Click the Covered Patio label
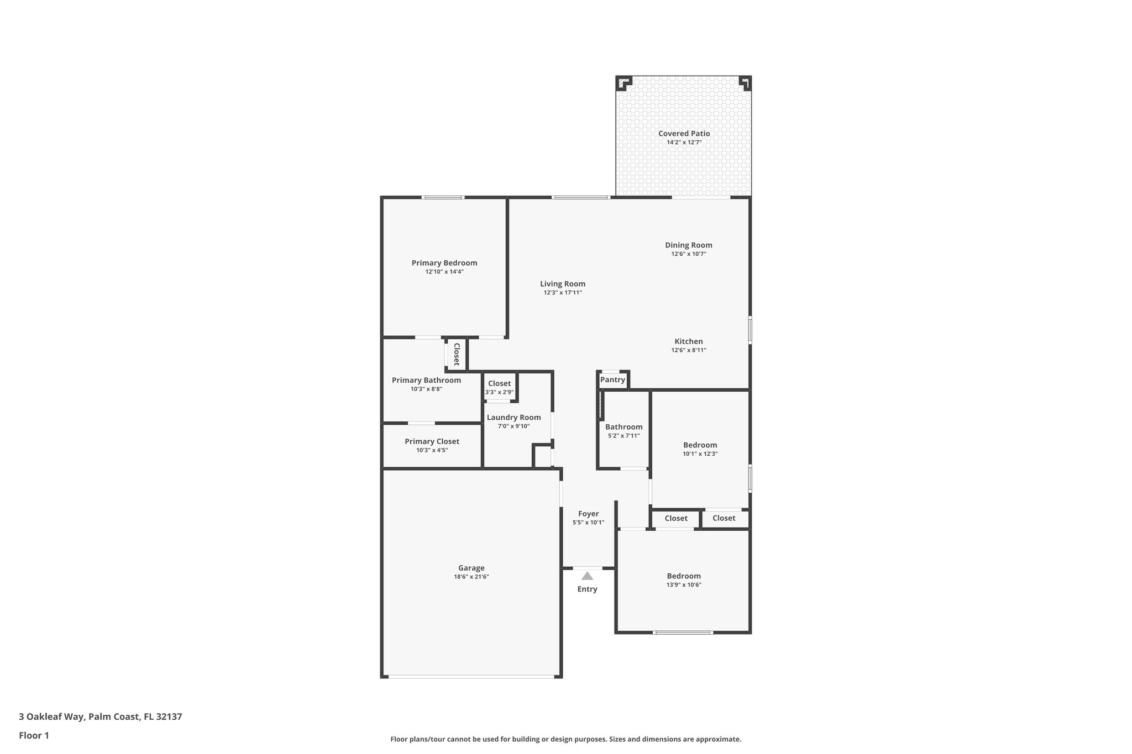point(684,133)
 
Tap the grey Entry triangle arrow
point(587,576)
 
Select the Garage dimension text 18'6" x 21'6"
point(471,577)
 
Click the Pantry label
point(612,379)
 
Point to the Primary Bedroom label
point(444,263)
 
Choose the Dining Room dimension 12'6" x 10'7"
point(688,254)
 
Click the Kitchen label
point(688,341)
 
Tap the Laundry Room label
point(513,418)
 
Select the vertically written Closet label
point(457,354)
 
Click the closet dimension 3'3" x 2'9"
point(499,392)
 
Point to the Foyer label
point(588,514)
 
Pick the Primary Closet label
point(432,441)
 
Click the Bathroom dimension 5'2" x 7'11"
point(623,436)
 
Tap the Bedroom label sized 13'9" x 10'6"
point(683,576)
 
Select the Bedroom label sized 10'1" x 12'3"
point(700,445)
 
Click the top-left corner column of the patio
point(623,83)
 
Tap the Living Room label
point(562,284)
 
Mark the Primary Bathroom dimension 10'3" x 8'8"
point(426,389)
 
